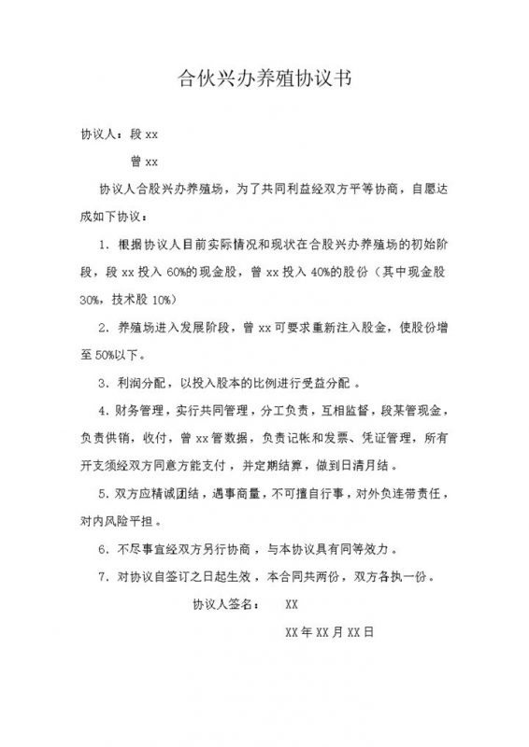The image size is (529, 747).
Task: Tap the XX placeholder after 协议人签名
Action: click(x=291, y=604)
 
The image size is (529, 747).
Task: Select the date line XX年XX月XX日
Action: click(x=329, y=632)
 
